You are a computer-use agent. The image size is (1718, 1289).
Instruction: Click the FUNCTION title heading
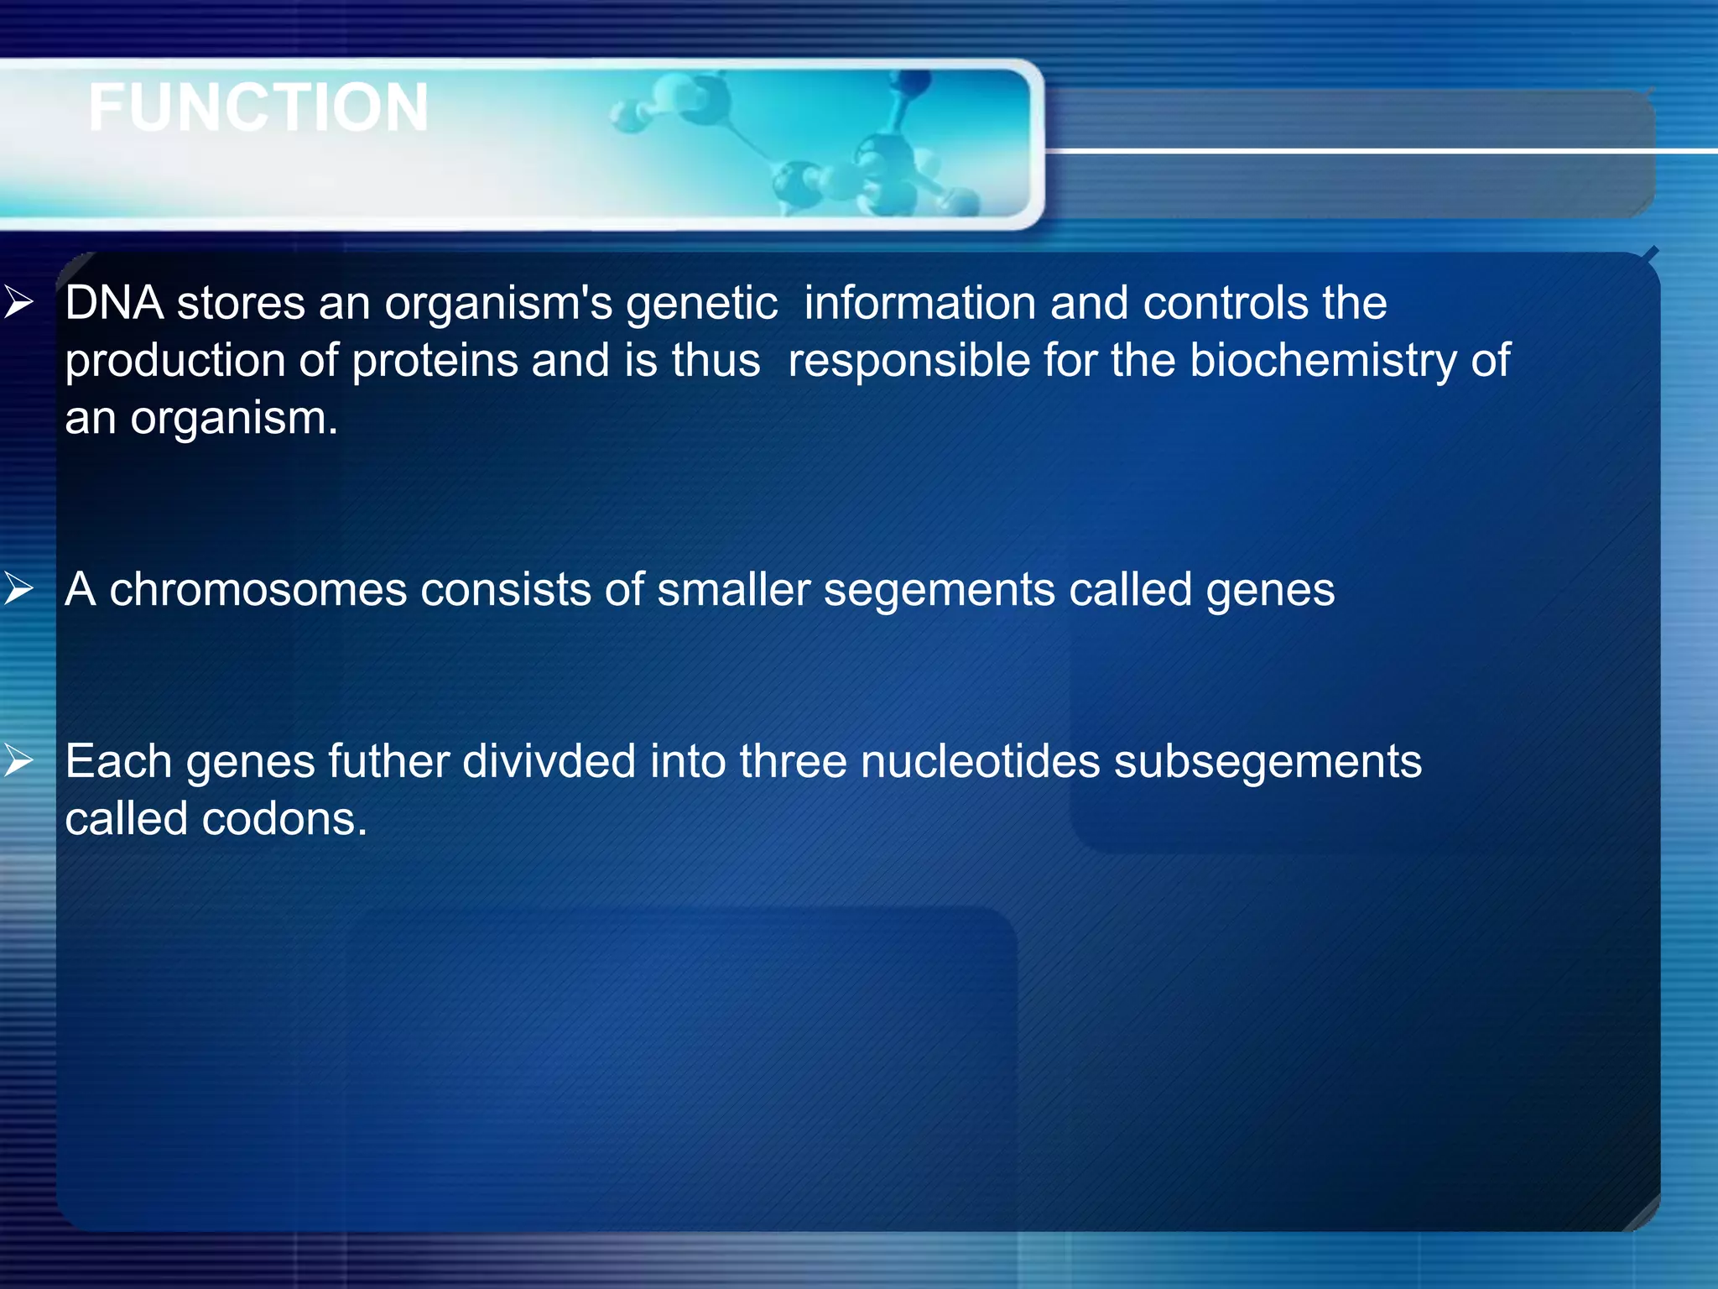[x=258, y=107]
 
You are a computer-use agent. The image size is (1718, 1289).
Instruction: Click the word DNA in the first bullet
[x=114, y=303]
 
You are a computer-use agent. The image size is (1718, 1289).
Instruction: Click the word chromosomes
[x=258, y=589]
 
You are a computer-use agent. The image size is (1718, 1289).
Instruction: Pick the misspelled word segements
[x=939, y=591]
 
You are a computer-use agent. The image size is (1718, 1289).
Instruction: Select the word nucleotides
[x=980, y=762]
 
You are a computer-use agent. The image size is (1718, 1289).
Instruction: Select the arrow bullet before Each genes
[x=18, y=760]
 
